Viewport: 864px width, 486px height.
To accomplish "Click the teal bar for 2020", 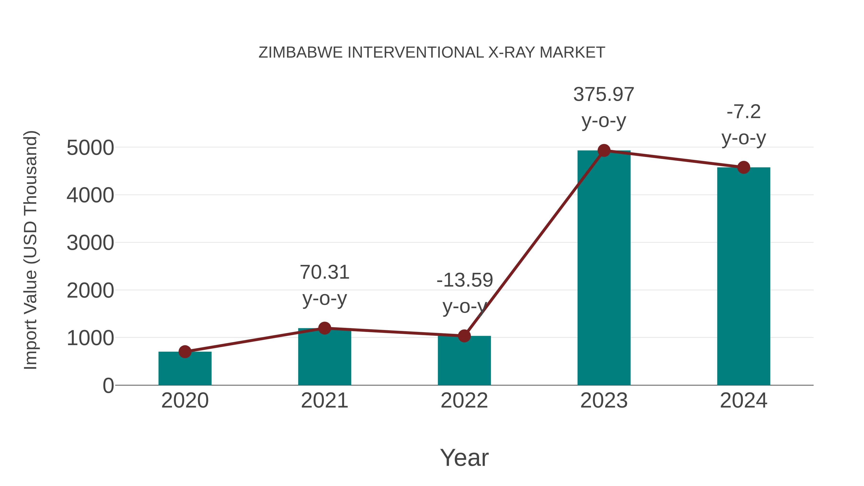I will (185, 369).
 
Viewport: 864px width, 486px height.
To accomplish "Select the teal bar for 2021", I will (324, 357).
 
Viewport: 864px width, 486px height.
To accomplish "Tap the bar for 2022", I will (464, 361).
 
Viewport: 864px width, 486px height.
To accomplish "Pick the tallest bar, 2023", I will (604, 268).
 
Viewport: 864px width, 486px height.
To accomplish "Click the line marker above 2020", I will (185, 352).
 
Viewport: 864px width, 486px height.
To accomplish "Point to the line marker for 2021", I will (324, 328).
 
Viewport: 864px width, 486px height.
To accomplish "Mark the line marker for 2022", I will (464, 336).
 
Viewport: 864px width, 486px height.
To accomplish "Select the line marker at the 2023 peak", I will (604, 150).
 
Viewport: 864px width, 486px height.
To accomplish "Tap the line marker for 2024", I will (744, 167).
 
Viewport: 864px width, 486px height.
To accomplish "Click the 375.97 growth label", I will (604, 94).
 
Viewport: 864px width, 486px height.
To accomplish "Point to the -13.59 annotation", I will (465, 280).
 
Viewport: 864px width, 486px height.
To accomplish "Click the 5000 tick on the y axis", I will (90, 148).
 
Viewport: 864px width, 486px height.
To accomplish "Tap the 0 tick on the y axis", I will (108, 386).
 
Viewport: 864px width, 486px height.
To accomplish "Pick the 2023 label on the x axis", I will (604, 401).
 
